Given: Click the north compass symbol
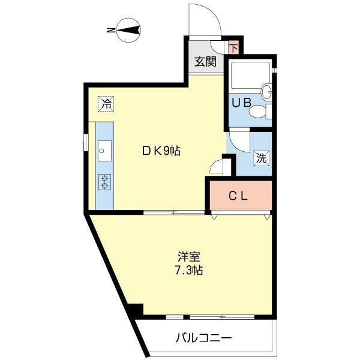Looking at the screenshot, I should point(128,29).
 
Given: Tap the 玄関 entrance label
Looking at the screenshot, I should point(205,61).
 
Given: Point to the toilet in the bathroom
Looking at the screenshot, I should point(260,111).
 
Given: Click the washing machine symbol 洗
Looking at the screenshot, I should point(262,159).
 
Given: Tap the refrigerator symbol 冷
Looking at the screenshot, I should point(106,103).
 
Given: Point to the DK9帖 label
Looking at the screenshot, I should point(161,152).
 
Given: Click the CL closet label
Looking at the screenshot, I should point(239,195).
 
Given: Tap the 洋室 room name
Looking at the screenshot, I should point(189,257).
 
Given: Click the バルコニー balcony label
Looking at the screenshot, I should point(203,338).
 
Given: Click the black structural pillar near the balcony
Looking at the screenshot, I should point(136,311).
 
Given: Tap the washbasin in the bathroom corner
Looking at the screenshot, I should point(267,91).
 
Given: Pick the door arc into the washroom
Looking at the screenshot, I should point(238,141).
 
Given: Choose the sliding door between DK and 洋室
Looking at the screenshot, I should point(174,212).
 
